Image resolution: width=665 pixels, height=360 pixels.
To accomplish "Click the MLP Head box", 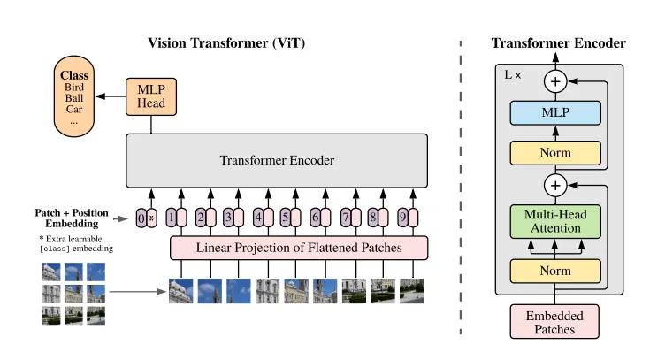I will (151, 96).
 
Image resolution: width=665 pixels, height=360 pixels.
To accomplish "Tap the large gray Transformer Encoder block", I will (277, 161).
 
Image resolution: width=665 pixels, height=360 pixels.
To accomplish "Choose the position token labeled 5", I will (285, 217).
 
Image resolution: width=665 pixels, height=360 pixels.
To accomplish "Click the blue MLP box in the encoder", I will (555, 112).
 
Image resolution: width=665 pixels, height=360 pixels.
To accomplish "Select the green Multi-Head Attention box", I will (555, 220).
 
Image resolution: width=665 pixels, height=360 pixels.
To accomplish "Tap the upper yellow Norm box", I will (555, 152).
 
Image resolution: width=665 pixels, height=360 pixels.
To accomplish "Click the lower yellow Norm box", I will (555, 270).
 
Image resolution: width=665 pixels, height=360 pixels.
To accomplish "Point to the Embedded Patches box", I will (555, 321).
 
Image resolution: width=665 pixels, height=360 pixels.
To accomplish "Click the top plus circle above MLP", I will (555, 81).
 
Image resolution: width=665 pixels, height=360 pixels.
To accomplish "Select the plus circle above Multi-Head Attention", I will (555, 185).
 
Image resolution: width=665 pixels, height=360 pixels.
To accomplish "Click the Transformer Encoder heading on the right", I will (558, 42).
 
